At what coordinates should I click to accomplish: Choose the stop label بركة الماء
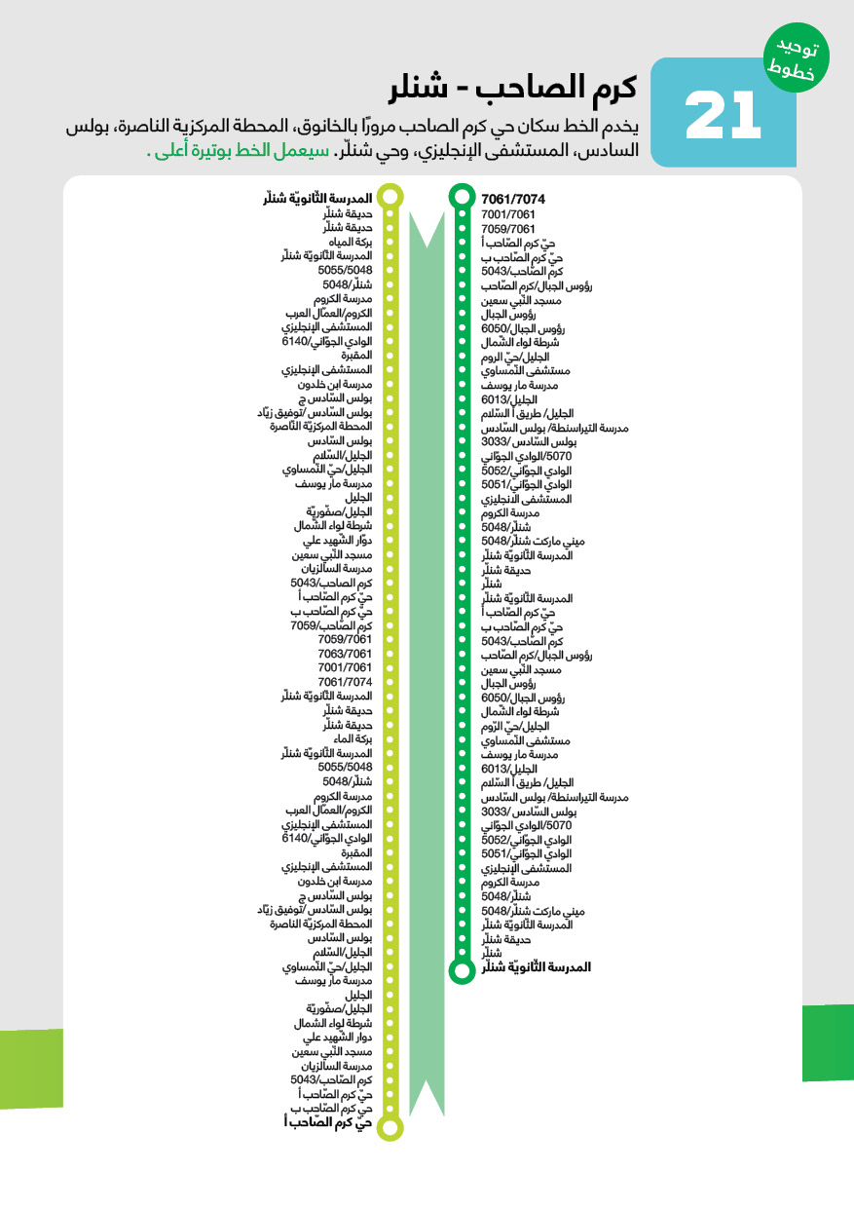pos(353,739)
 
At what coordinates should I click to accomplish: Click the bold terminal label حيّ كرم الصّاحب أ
pos(327,1122)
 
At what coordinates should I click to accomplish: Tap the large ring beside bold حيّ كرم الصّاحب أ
pos(390,1128)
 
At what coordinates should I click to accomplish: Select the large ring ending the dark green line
pos(462,968)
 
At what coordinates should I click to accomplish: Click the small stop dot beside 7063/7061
pos(390,653)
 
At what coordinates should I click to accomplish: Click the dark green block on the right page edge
pos(827,1042)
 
